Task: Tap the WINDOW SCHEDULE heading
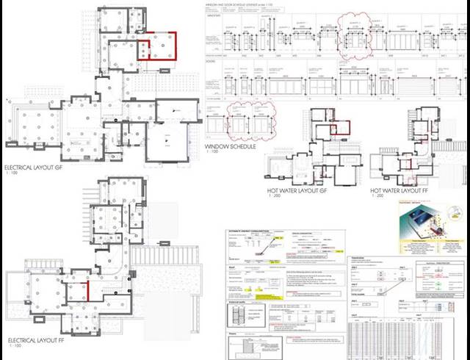pos(230,147)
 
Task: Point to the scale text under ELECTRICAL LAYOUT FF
pos(12,349)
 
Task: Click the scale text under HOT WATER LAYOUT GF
pos(273,198)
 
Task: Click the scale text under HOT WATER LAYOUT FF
pos(376,198)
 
